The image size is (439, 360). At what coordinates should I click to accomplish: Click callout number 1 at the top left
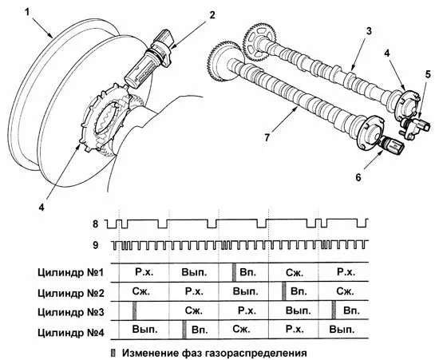pos(26,12)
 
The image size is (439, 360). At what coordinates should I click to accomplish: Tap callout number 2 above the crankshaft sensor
pos(212,15)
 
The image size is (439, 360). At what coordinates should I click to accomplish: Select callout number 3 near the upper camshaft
pos(369,31)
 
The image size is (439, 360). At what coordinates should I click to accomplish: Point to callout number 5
pos(428,75)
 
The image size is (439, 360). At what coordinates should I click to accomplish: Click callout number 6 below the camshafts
pos(358,177)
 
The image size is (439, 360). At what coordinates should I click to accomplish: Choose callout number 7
pos(267,137)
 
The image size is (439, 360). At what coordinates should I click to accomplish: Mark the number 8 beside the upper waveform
pos(96,224)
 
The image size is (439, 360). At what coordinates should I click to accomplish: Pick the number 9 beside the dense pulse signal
pos(96,245)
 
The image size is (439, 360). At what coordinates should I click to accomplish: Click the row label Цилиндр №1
pos(71,272)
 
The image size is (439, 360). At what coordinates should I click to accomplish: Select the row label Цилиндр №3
pos(71,312)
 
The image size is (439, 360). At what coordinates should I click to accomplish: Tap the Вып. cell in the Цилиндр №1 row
pos(194,272)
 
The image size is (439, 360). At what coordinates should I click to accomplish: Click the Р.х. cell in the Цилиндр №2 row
pos(194,291)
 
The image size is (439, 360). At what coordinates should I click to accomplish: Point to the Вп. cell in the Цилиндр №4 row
pos(200,330)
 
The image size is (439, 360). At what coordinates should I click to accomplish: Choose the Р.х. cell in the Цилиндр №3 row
pos(247,311)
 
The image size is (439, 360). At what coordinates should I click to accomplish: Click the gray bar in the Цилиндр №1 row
pos(234,272)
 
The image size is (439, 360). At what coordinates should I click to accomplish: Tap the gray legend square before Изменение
pos(113,353)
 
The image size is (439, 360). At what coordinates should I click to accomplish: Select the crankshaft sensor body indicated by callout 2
pos(149,61)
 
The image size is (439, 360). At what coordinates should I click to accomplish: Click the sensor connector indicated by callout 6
pos(391,144)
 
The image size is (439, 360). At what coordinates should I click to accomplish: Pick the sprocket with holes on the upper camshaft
pos(259,42)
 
